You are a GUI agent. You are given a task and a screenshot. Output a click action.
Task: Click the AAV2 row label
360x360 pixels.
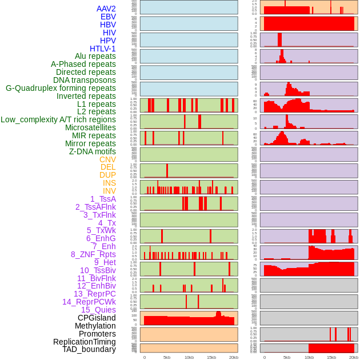106,9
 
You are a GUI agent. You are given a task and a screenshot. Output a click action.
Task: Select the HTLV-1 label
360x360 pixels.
103,49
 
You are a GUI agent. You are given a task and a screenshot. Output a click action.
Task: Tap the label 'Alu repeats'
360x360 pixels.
95,57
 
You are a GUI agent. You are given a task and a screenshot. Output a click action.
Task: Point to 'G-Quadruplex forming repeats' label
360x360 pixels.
61,88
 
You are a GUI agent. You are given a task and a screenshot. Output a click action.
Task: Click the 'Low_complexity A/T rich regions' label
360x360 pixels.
58,119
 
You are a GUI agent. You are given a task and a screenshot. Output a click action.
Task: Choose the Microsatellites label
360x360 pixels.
90,127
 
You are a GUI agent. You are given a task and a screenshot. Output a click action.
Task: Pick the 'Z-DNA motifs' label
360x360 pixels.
92,151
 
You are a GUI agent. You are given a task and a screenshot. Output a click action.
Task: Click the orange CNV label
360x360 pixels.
107,159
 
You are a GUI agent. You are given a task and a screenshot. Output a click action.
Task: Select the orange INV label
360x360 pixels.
109,191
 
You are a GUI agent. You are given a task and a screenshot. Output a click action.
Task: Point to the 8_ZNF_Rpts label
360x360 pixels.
93,254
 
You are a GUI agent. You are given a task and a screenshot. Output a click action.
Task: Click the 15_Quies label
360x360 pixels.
98,310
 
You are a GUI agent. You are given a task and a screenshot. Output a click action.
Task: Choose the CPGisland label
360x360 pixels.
97,318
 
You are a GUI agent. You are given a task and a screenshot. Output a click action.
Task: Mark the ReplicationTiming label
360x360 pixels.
85,342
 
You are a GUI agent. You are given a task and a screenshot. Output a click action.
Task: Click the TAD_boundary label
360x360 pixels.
89,349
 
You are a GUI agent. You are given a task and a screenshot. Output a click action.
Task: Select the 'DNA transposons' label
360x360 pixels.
85,80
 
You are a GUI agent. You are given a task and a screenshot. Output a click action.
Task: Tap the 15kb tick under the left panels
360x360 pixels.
211,357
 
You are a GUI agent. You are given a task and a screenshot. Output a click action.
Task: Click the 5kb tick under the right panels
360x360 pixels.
287,357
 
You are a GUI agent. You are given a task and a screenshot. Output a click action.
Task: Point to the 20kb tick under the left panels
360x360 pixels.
234,357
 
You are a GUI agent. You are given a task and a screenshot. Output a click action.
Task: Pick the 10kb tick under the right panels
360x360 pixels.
309,357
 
